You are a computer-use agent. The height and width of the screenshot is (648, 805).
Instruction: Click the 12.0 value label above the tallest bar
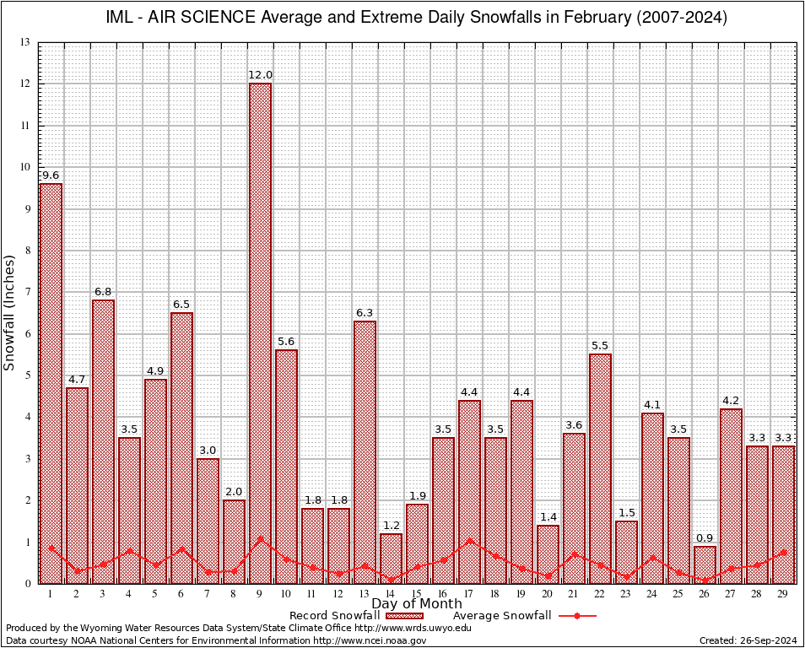[260, 75]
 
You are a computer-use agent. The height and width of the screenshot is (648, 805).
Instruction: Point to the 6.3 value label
[365, 313]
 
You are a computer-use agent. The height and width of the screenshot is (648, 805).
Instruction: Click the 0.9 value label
[705, 538]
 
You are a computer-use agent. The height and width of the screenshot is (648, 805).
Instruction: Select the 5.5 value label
[600, 346]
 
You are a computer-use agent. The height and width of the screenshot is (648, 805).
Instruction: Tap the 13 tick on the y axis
[25, 42]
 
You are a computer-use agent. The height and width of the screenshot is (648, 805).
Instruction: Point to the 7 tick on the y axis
[27, 292]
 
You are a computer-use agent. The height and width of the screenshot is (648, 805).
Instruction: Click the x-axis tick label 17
[469, 593]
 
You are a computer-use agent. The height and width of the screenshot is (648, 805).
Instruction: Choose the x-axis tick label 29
[783, 593]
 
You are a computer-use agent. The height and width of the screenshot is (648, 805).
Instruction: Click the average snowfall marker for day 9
[260, 538]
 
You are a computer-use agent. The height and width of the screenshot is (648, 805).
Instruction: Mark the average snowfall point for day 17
[469, 541]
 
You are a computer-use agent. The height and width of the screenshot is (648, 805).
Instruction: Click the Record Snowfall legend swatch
[404, 616]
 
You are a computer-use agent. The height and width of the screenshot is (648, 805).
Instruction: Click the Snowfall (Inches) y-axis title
[10, 312]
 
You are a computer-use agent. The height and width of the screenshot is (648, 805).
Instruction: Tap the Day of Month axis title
[416, 604]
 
